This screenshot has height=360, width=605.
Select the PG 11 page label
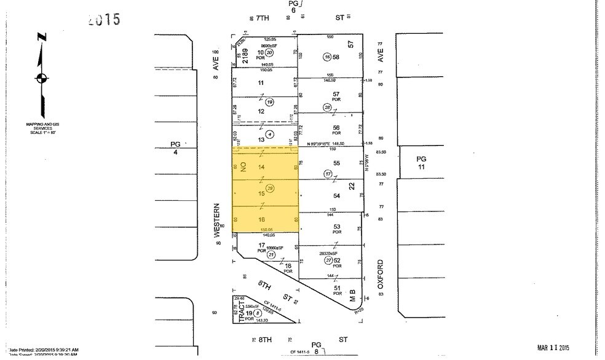421,163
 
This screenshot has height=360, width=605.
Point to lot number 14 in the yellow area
261,168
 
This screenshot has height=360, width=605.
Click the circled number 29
269,188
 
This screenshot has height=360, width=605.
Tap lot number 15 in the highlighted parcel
261,194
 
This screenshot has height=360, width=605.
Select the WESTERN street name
217,220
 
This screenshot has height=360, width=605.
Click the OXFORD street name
381,275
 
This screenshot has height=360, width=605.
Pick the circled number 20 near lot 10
269,53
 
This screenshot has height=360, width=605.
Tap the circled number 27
328,260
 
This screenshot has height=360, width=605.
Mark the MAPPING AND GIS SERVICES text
41,127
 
